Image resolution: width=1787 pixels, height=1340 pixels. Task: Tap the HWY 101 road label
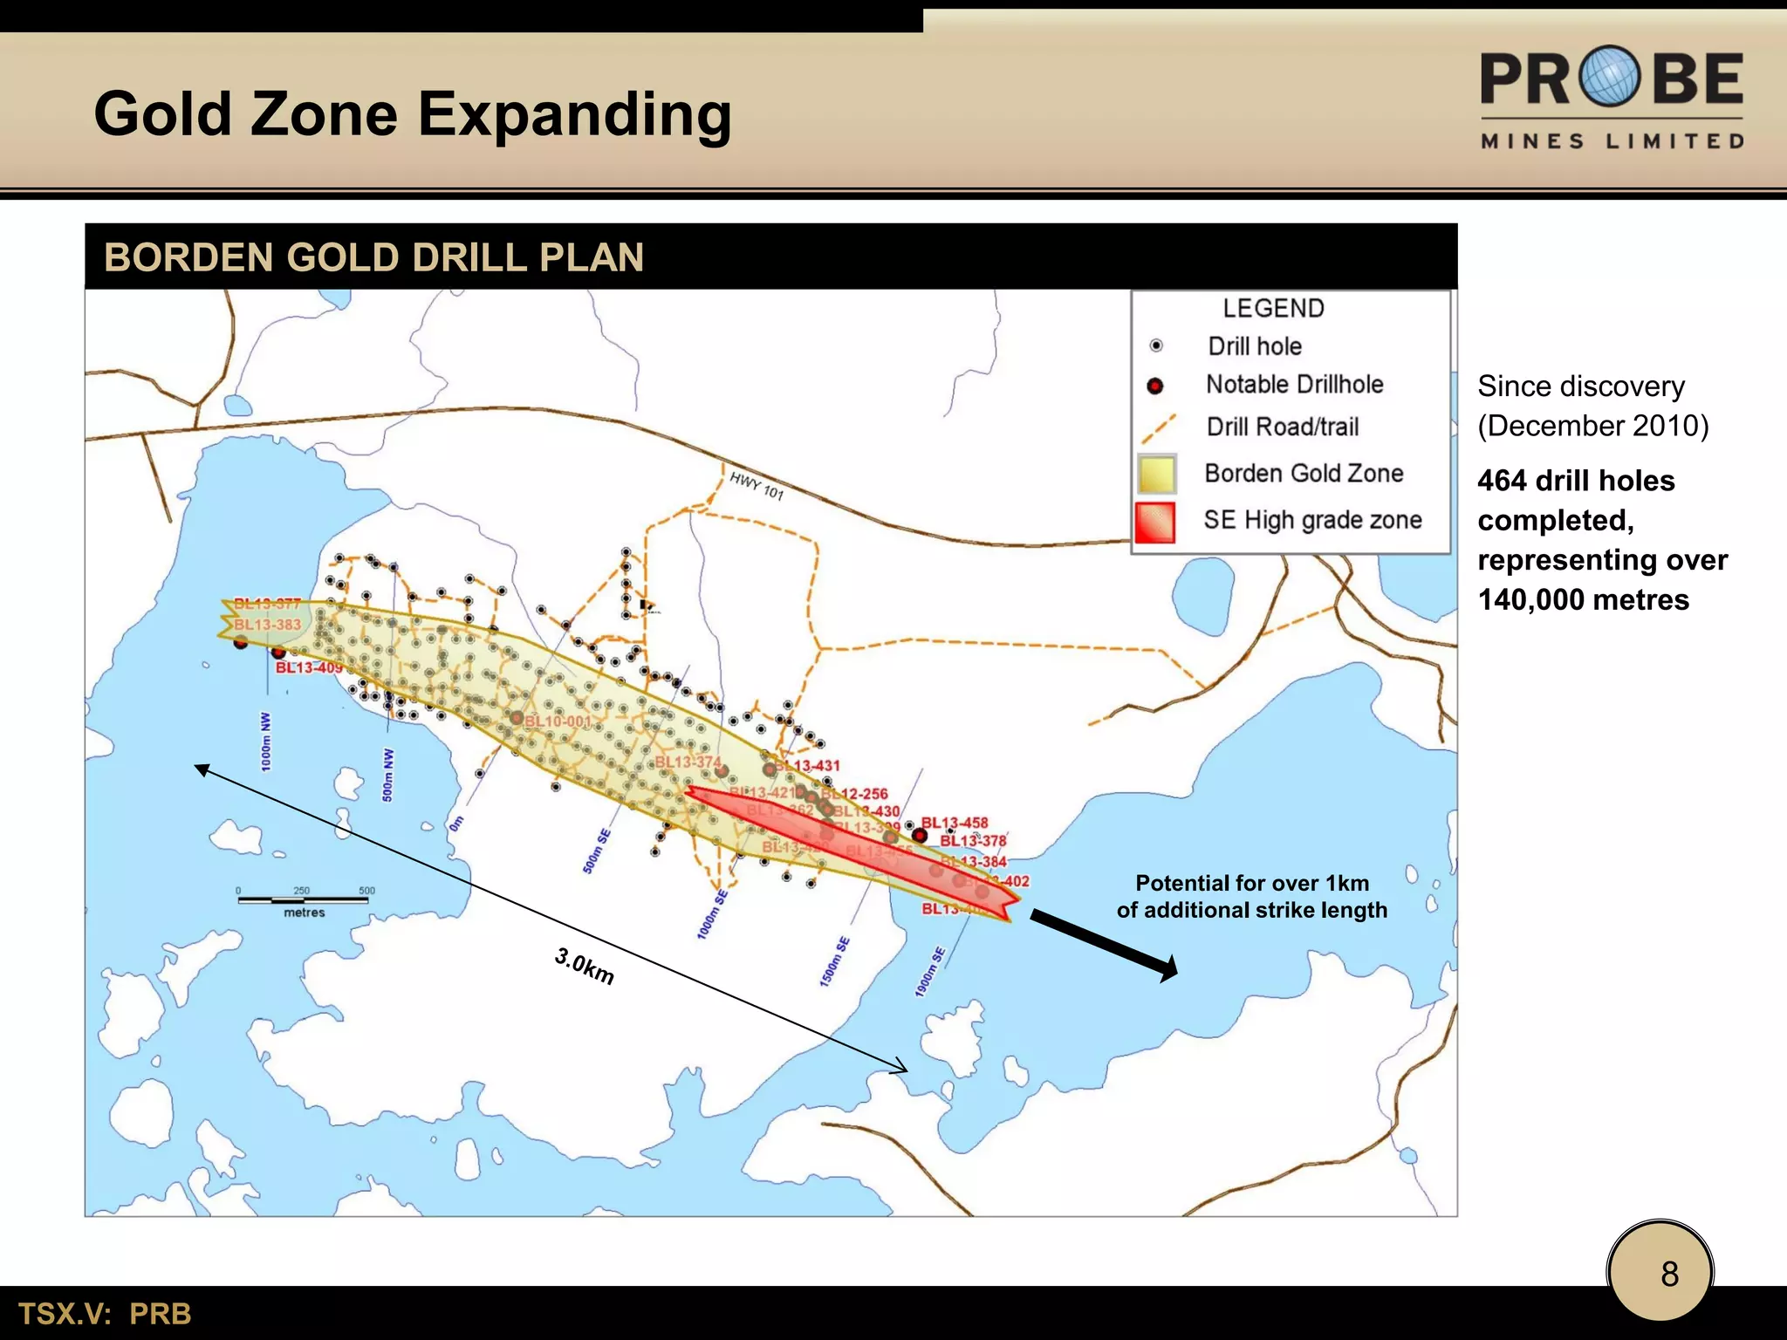point(757,486)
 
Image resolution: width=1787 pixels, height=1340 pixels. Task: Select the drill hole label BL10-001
point(558,721)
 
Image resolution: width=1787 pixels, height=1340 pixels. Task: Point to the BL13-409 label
point(309,667)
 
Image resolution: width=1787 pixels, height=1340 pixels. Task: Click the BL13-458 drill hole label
point(955,823)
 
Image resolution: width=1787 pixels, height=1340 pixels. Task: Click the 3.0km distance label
point(585,966)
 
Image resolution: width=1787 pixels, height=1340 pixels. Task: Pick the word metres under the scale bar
point(304,913)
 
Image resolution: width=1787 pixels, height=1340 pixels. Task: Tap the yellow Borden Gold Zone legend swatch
point(1157,475)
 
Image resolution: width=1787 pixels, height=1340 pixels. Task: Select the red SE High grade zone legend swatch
point(1155,522)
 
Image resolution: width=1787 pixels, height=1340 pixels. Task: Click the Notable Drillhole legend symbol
point(1155,386)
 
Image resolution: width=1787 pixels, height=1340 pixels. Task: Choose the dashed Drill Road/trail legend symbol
point(1158,428)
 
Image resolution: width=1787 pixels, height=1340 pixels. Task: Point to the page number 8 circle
point(1660,1273)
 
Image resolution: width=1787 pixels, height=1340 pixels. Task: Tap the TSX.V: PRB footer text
point(105,1314)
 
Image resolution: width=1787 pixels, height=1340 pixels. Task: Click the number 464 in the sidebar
point(1502,481)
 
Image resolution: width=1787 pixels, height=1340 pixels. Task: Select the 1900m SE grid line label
point(930,971)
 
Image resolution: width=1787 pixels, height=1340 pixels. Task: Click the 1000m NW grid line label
point(265,742)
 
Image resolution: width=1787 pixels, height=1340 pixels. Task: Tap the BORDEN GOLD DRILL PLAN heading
point(373,257)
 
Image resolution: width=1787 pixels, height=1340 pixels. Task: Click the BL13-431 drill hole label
point(809,765)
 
